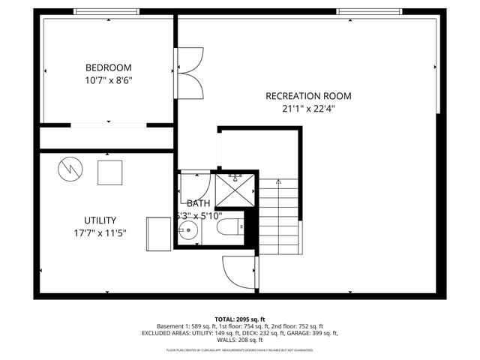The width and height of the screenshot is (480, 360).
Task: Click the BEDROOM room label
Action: click(109, 66)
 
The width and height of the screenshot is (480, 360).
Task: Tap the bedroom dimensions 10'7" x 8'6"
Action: click(109, 79)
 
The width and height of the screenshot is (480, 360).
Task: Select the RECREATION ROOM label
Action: click(308, 96)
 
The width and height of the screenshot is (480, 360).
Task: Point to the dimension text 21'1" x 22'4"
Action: click(308, 108)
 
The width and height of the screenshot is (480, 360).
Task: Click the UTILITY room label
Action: click(100, 220)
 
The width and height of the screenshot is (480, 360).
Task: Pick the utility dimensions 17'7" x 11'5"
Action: click(100, 232)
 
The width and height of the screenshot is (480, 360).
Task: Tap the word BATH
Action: click(199, 203)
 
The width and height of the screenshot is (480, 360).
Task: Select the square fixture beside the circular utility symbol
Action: click(110, 172)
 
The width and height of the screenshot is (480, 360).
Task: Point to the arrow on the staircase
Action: click(278, 181)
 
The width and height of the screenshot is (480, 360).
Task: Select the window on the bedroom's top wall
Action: click(106, 11)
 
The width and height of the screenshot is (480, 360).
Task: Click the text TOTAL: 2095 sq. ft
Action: click(239, 319)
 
